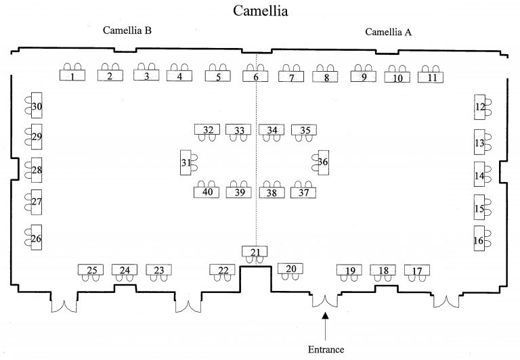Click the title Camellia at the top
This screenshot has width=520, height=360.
pyautogui.click(x=260, y=11)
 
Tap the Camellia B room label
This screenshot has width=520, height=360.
pyautogui.click(x=127, y=30)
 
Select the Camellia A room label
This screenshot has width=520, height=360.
pyautogui.click(x=389, y=32)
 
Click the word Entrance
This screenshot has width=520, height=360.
pyautogui.click(x=326, y=349)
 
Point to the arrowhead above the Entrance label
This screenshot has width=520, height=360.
pyautogui.click(x=325, y=315)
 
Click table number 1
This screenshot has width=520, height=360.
pyautogui.click(x=72, y=75)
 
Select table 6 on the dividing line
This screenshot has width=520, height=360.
pyautogui.click(x=255, y=76)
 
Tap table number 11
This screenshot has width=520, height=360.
pyautogui.click(x=431, y=77)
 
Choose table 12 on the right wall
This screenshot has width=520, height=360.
pyautogui.click(x=479, y=107)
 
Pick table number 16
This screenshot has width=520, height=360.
pyautogui.click(x=479, y=238)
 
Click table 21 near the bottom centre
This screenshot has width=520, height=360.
pyautogui.click(x=255, y=251)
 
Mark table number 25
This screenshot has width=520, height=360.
pyautogui.click(x=91, y=269)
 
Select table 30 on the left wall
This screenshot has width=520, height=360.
pyautogui.click(x=37, y=105)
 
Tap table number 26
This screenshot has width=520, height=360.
pyautogui.click(x=36, y=238)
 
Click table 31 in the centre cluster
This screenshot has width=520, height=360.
pyautogui.click(x=186, y=162)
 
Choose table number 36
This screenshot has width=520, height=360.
pyautogui.click(x=324, y=162)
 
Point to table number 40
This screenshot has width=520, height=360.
pyautogui.click(x=207, y=192)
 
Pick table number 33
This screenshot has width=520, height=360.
pyautogui.click(x=238, y=130)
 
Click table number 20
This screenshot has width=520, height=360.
pyautogui.click(x=290, y=268)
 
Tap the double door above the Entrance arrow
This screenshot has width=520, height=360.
pyautogui.click(x=325, y=301)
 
